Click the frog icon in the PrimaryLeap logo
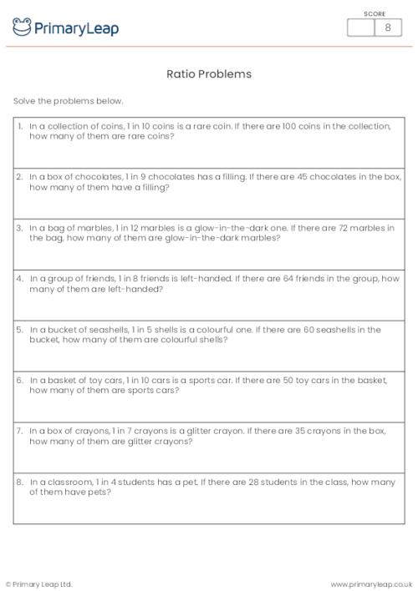(x=22, y=28)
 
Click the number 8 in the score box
(x=387, y=28)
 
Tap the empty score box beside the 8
(x=361, y=28)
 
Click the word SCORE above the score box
(x=375, y=13)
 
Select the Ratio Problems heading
(x=209, y=74)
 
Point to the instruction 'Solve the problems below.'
(x=68, y=101)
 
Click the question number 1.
(x=19, y=126)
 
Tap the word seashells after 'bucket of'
(x=99, y=330)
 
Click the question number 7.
(x=19, y=431)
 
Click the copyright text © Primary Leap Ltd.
(x=39, y=583)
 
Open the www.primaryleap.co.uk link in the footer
(x=372, y=583)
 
